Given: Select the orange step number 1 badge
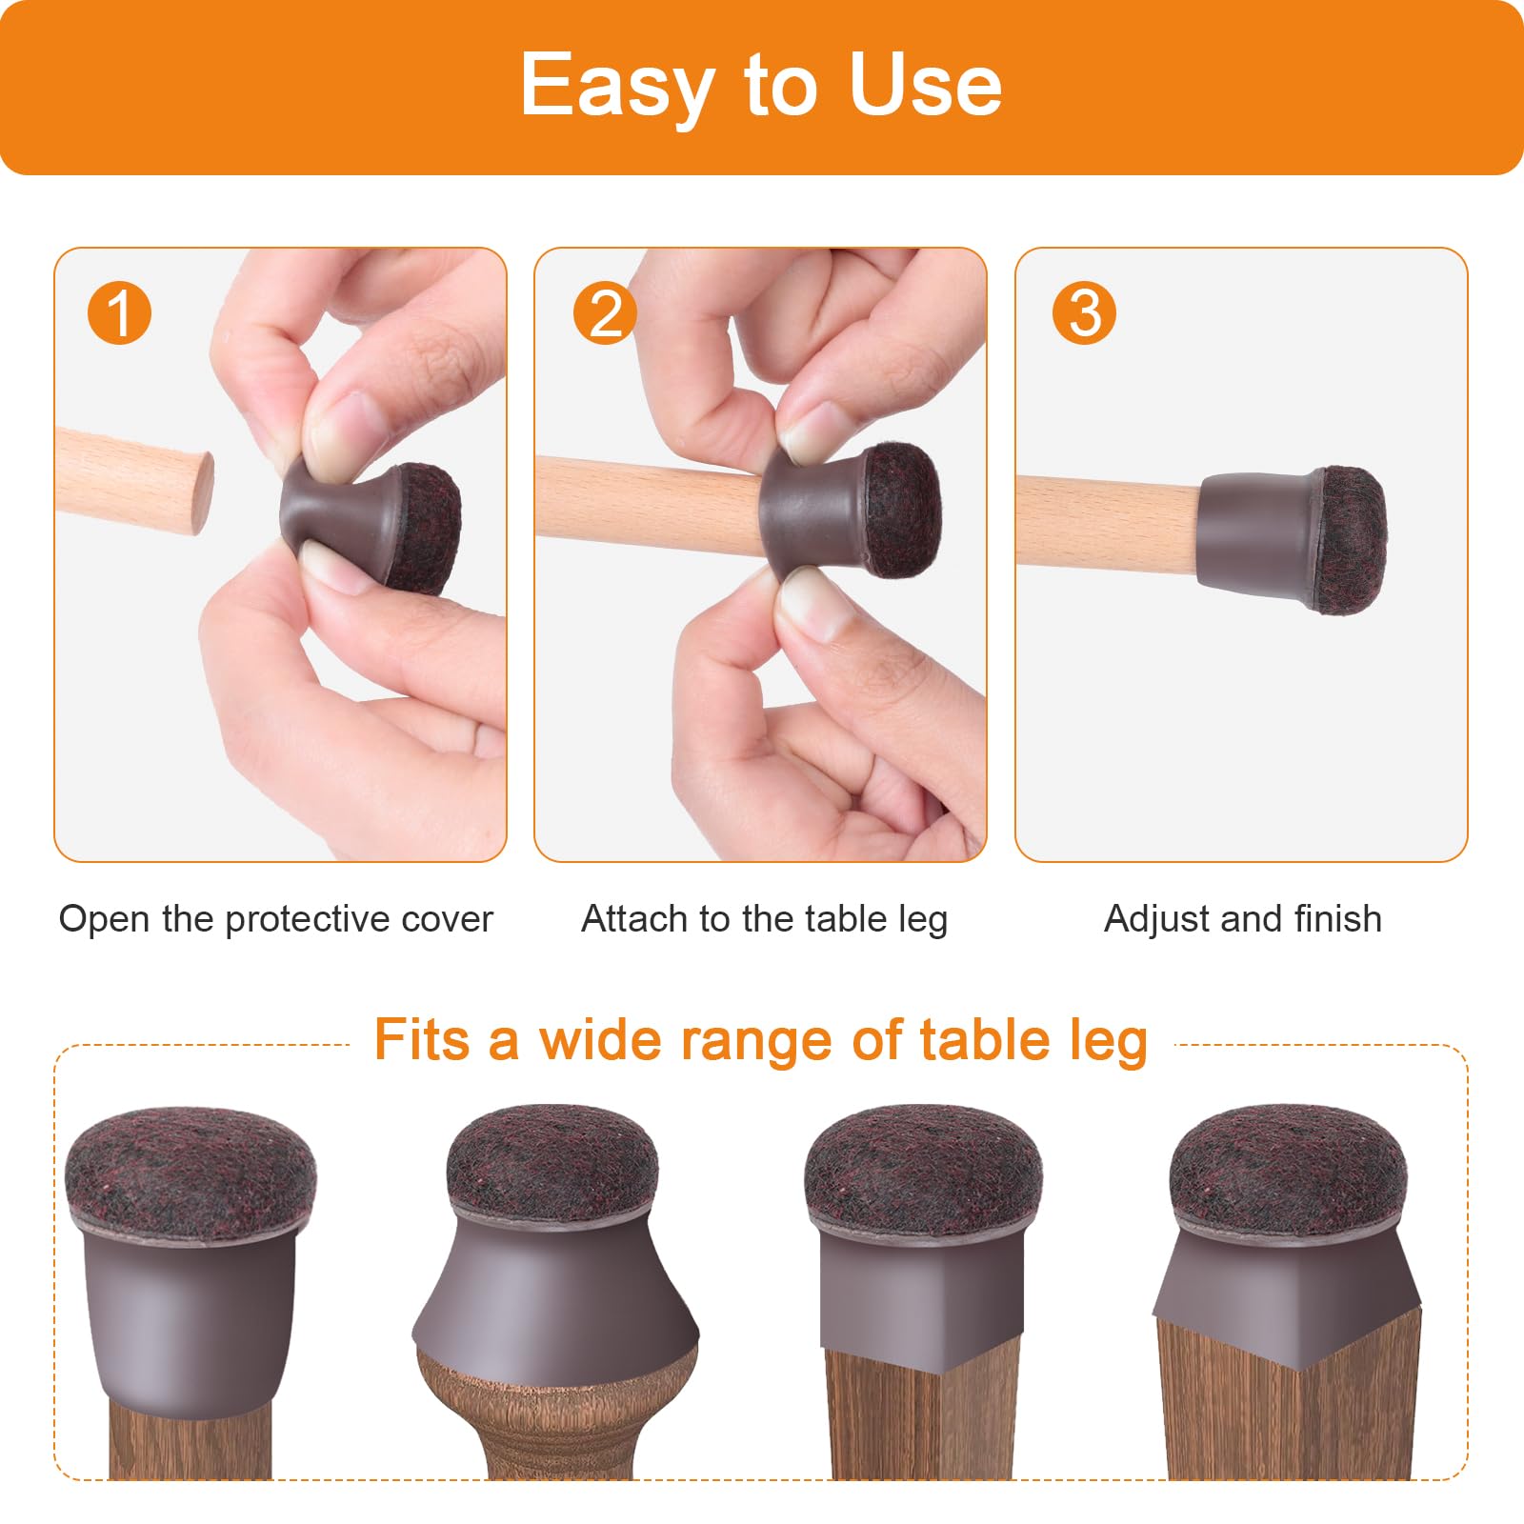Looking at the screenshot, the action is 119,312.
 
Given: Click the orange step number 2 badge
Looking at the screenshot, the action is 605,312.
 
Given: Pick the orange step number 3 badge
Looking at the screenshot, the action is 1084,312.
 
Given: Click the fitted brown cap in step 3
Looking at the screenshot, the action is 1292,538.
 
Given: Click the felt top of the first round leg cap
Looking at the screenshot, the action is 190,1167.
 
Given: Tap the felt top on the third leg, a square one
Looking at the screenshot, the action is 923,1168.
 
